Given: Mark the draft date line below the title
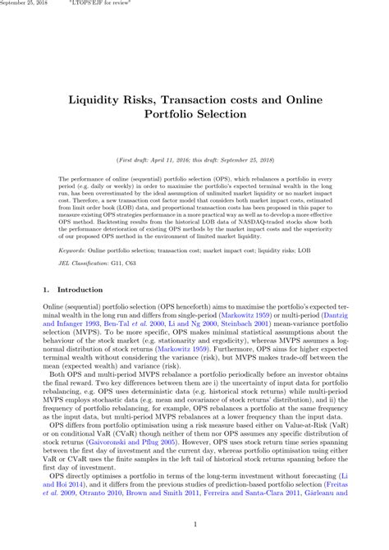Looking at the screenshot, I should (x=194, y=158).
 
